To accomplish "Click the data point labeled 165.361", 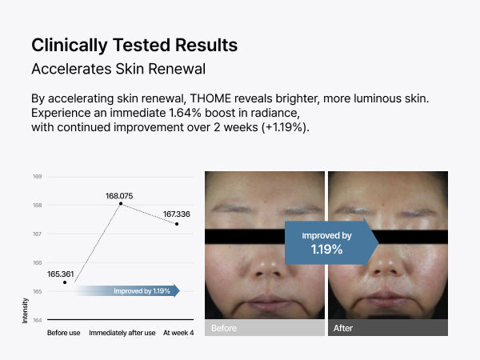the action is (x=65, y=282).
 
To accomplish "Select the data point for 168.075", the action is (x=121, y=203).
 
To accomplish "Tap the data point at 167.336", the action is (x=177, y=224).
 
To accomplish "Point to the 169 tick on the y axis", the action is (x=37, y=176).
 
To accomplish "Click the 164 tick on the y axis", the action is (x=37, y=320).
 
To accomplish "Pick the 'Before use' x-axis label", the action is (x=64, y=333).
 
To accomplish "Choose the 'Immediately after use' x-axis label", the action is (x=122, y=333).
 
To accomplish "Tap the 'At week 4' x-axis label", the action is (x=178, y=333).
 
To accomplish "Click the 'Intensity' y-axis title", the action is (x=25, y=310).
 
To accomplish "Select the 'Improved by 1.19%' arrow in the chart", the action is (x=128, y=291).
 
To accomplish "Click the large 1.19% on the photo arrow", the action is (x=326, y=249).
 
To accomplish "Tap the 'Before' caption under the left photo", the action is (x=224, y=328).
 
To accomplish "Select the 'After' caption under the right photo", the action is (x=343, y=328).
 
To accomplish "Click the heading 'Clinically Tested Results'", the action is (x=134, y=46).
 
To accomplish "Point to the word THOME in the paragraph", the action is (x=210, y=98).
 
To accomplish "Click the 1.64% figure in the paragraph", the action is (x=185, y=113).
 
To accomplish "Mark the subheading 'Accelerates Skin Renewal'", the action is (x=118, y=69).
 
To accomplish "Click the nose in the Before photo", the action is (x=270, y=263).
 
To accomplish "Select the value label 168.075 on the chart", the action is (x=119, y=196).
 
